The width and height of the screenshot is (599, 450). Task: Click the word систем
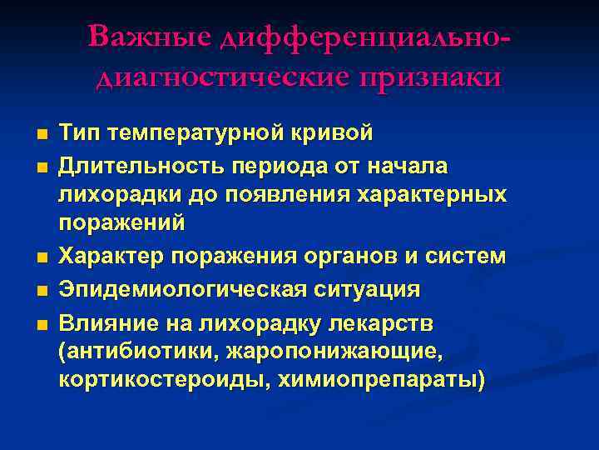468,256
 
